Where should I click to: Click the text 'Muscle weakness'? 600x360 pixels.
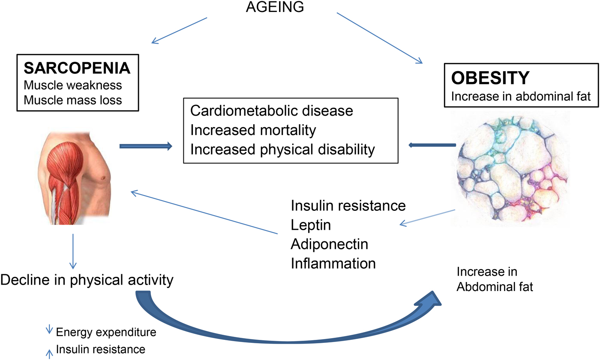point(73,85)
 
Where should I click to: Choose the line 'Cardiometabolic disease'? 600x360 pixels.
point(272,111)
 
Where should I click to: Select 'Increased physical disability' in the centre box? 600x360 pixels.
point(282,149)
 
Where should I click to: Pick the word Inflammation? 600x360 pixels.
point(333,263)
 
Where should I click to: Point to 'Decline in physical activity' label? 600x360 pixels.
point(87,280)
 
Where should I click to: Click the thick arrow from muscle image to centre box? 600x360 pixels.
point(146,147)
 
